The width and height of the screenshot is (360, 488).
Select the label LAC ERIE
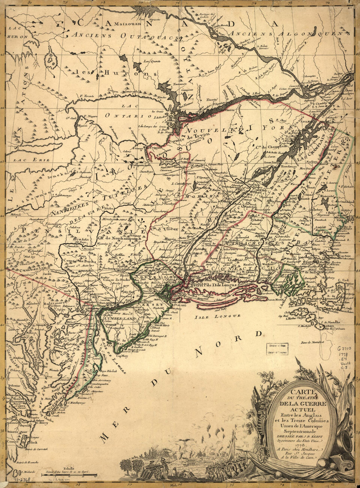tap(31, 160)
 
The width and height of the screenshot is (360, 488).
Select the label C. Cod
tap(343, 280)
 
